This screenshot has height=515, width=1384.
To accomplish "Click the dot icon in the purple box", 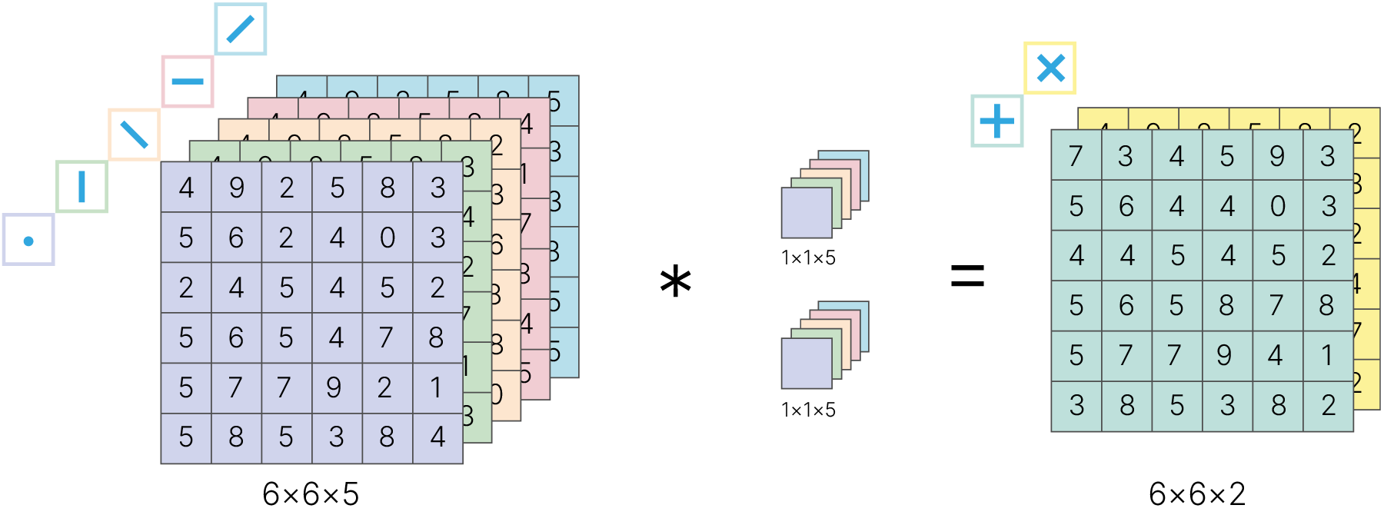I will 28,241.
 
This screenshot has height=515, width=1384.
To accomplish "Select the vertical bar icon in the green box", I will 82,187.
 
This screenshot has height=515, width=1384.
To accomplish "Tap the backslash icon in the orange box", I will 134,135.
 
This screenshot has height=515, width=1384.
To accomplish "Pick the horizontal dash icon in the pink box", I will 188,81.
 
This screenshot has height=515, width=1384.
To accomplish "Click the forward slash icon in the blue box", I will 240,29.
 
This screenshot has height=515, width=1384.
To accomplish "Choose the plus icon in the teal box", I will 996,121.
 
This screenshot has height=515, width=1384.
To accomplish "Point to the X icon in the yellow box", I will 1050,68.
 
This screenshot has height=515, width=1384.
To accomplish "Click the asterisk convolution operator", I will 676,281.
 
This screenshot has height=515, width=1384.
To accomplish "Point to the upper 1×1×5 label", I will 808,258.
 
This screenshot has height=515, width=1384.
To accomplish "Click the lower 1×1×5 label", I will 808,410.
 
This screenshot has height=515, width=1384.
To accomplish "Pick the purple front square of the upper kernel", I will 806,213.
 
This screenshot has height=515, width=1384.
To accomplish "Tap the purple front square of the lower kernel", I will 806,364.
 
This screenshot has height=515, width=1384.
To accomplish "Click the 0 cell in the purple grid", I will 388,238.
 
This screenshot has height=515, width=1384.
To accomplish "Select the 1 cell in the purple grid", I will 437,387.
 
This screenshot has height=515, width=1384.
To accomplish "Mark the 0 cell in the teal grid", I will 1277,206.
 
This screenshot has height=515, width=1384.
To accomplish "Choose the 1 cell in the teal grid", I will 1327,355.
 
